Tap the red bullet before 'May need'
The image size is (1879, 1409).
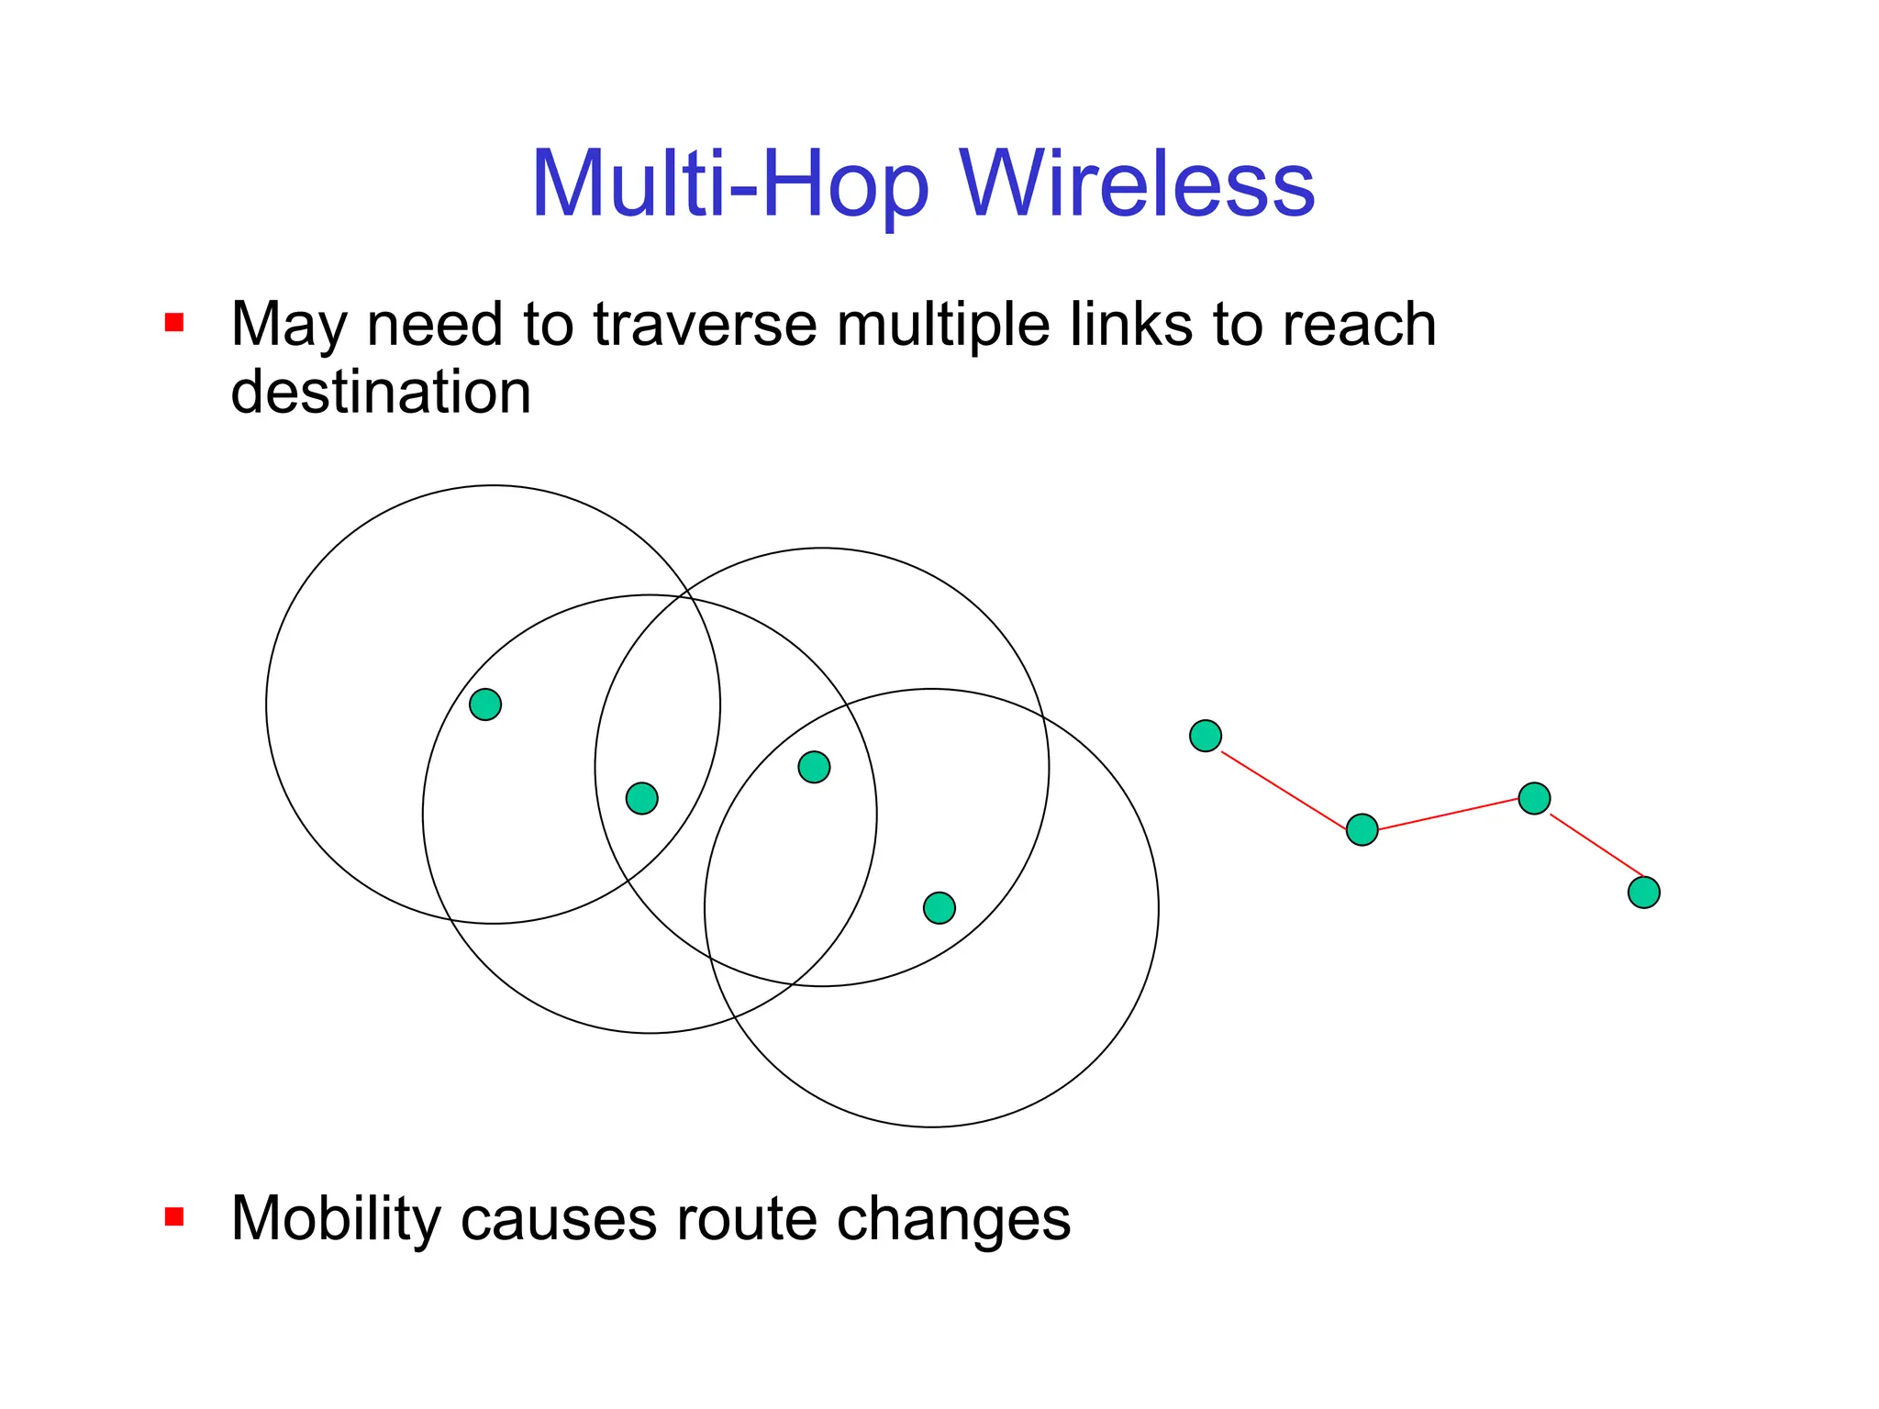coord(174,323)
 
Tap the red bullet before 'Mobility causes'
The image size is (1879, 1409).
coord(174,1217)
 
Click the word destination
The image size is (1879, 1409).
coord(381,392)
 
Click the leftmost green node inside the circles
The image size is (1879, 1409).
coord(485,704)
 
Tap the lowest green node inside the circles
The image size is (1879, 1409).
coord(939,908)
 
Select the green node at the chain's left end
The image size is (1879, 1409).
coord(1205,736)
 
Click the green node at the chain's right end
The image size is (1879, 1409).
coord(1643,892)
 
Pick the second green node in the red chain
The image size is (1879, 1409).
coord(1362,830)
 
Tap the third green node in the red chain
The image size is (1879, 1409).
coord(1534,798)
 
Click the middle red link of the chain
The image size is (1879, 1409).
coord(1448,815)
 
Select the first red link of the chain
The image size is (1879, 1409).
coord(1283,791)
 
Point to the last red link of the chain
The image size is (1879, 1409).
coord(1595,845)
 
